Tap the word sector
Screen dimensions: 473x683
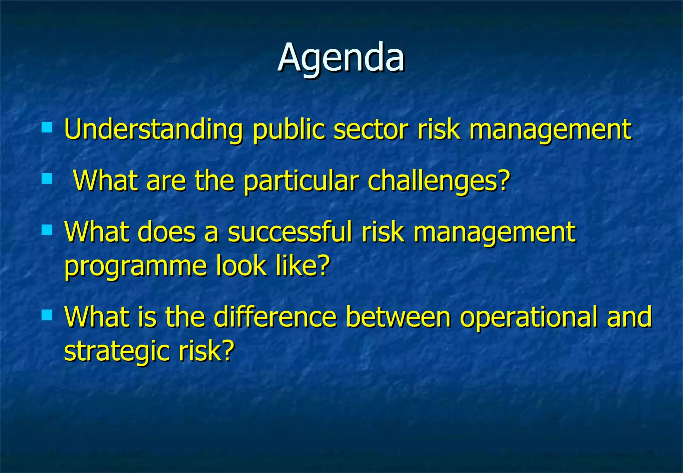tap(371, 129)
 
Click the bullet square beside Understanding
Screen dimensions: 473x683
tap(47, 127)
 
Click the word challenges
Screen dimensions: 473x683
tap(434, 181)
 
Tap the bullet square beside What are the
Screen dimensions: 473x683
tap(47, 178)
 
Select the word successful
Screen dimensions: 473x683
tap(290, 232)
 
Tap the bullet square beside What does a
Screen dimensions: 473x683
tap(47, 230)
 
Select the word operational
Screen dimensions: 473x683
tap(529, 318)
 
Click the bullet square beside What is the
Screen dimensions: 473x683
tap(47, 315)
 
